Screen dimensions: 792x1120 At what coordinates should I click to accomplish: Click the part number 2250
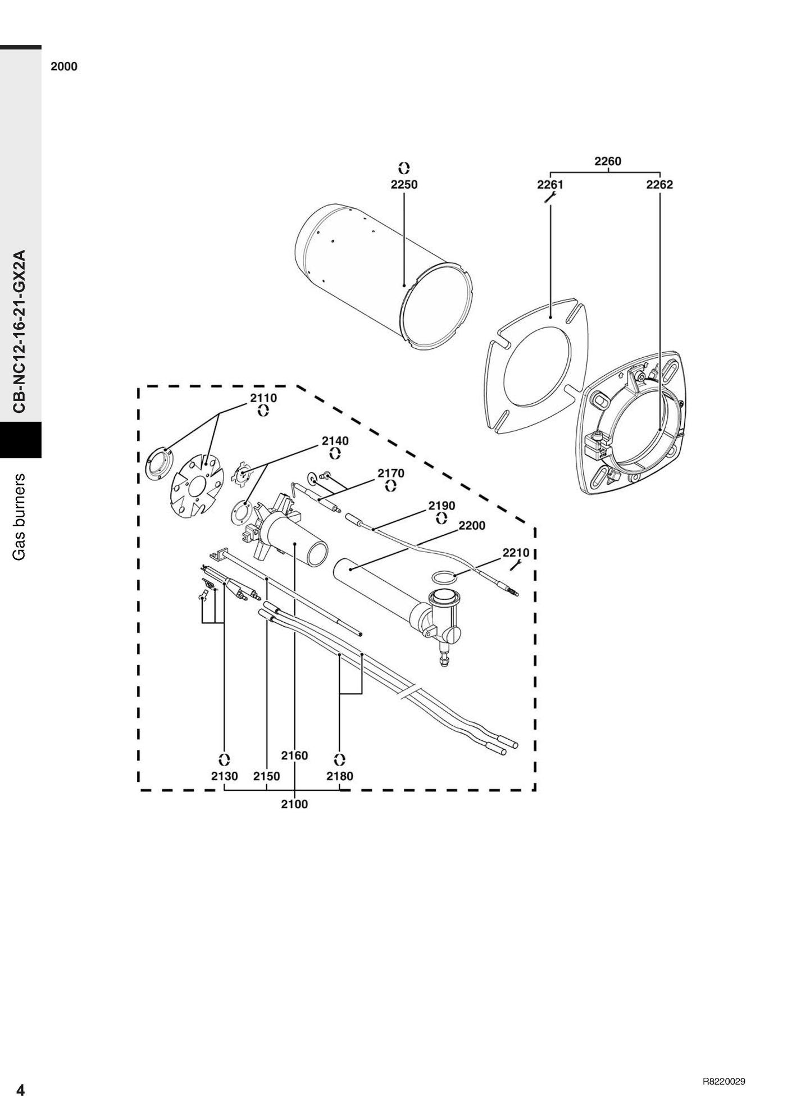point(404,184)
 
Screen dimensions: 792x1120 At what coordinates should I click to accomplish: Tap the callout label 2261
point(550,184)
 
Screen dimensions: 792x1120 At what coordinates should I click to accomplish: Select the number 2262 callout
point(659,184)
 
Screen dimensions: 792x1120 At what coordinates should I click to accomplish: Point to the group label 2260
point(608,161)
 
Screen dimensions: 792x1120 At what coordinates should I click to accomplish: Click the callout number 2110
point(263,398)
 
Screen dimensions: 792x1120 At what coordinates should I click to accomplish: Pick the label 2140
point(335,441)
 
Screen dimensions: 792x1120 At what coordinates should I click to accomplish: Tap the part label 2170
point(391,473)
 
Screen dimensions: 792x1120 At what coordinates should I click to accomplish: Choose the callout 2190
point(442,506)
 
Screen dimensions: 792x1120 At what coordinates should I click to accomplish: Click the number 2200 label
point(472,526)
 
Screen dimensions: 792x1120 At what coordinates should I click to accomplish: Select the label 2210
point(516,553)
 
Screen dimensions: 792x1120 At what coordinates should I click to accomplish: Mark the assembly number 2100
point(295,804)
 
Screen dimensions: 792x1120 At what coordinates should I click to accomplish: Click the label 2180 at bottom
point(340,776)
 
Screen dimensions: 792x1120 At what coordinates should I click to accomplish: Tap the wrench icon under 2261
point(550,197)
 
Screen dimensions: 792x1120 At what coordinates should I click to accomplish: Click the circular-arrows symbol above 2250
point(404,167)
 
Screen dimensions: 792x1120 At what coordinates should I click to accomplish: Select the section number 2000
point(64,66)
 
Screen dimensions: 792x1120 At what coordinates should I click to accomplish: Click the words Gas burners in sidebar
point(20,516)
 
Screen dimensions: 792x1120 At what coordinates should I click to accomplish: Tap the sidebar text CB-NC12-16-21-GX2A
point(20,331)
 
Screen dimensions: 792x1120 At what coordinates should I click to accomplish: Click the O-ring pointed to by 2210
point(443,576)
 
